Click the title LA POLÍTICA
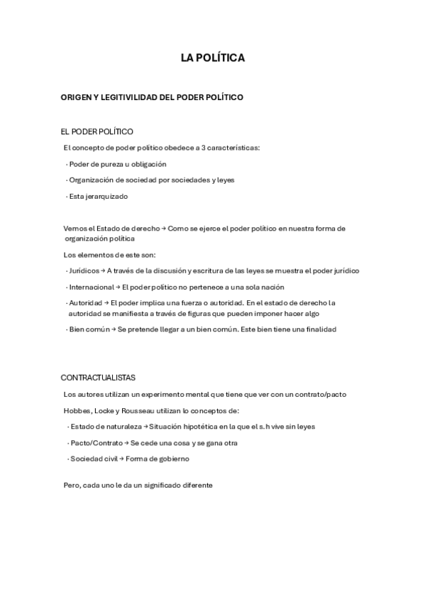[212, 58]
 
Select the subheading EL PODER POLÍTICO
[97, 131]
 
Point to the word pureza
[109, 164]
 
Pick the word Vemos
[73, 229]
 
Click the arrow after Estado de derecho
[163, 229]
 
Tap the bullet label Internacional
[91, 287]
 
